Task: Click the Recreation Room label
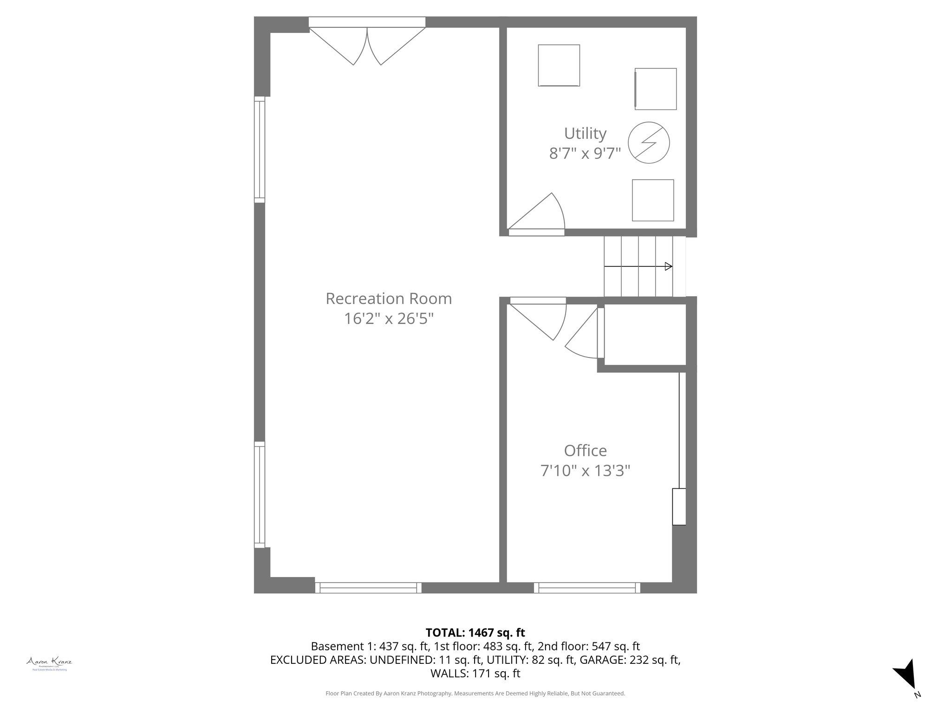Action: pyautogui.click(x=389, y=298)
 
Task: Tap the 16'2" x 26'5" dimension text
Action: pyautogui.click(x=389, y=319)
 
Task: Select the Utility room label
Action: pyautogui.click(x=585, y=134)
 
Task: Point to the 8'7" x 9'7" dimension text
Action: pyautogui.click(x=585, y=153)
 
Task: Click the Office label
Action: pyautogui.click(x=585, y=451)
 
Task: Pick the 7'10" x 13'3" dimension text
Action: pyautogui.click(x=585, y=471)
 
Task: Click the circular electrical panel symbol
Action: pyautogui.click(x=649, y=143)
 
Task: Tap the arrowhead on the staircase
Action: pyautogui.click(x=668, y=266)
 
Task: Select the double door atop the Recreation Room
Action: pyautogui.click(x=367, y=44)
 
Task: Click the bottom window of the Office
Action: pyautogui.click(x=587, y=588)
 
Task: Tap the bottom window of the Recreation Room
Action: pyautogui.click(x=368, y=588)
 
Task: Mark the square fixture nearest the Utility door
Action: pyautogui.click(x=652, y=200)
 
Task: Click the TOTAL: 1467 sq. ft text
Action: pyautogui.click(x=475, y=633)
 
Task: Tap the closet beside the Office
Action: pyautogui.click(x=645, y=335)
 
